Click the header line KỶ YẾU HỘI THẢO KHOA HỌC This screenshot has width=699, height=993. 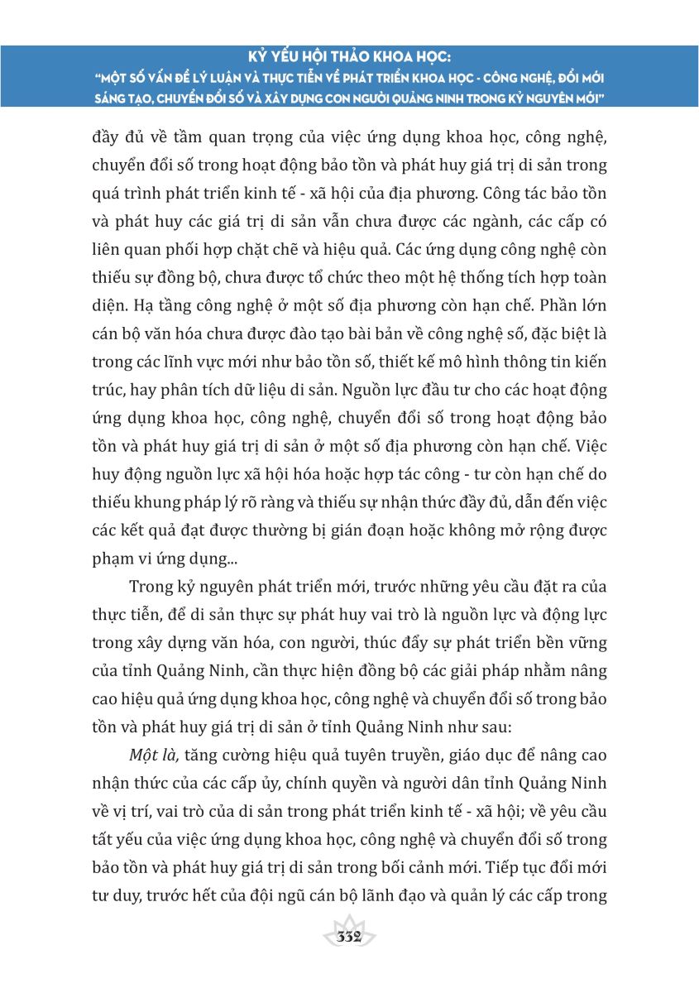tap(349, 60)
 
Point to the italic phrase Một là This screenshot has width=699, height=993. tap(155, 755)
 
